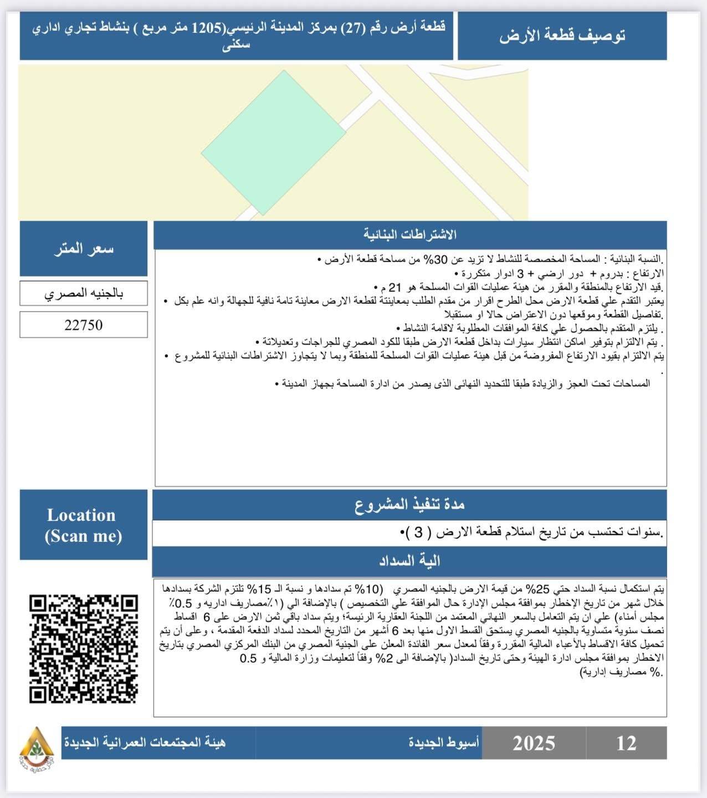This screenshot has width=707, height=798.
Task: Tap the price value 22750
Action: tap(84, 325)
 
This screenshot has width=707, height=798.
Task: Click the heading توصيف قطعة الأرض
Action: tap(562, 35)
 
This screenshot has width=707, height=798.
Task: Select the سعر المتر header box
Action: tap(84, 249)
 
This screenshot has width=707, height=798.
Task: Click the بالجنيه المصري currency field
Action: tap(84, 293)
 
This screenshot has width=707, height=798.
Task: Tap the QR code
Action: tap(84, 649)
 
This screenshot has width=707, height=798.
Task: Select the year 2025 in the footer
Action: tap(534, 743)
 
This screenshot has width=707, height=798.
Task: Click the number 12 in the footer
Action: tap(626, 743)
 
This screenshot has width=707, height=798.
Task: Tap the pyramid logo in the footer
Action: tap(37, 743)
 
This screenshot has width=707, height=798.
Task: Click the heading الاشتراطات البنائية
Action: tap(410, 235)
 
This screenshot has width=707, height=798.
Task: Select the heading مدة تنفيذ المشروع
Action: tap(409, 504)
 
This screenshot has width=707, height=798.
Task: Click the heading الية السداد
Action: tap(409, 561)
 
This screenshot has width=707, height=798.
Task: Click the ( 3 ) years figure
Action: tap(418, 533)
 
